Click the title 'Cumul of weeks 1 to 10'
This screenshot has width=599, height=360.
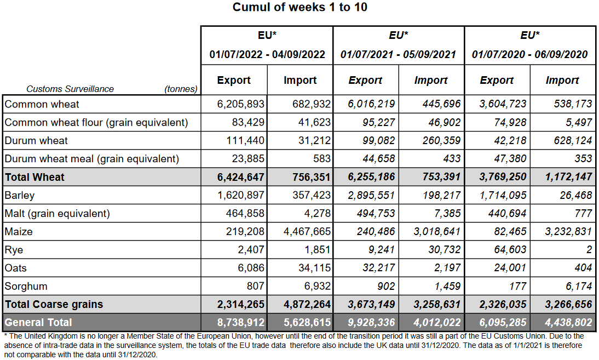299,7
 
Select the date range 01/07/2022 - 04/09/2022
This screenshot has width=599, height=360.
267,54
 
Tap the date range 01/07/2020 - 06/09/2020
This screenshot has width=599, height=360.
529,54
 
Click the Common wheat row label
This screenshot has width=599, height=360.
42,104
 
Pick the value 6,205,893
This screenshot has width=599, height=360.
241,104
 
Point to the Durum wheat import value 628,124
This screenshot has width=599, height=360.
569,140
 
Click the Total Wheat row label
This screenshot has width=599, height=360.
34,177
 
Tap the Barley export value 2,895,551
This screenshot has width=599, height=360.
372,195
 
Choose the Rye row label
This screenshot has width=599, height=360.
14,250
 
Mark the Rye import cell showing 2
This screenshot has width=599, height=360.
589,250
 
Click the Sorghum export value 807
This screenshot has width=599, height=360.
255,286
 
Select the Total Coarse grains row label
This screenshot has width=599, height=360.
54,304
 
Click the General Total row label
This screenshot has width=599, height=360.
38,322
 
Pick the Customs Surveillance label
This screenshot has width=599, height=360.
70,89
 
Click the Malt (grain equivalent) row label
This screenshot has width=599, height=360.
57,213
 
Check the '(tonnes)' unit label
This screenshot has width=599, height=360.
181,89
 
